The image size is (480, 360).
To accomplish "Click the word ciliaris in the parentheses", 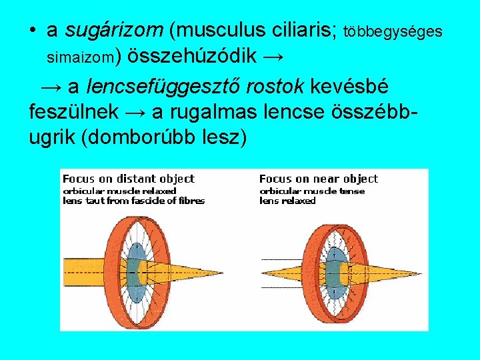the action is tap(303, 30).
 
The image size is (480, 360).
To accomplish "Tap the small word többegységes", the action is tap(393, 31).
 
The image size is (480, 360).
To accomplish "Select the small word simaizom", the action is tap(80, 59).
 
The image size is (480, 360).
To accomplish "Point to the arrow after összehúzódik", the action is tap(273, 57).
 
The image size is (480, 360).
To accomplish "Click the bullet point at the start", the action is tap(33, 31).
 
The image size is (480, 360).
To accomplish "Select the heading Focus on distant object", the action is tap(128, 179).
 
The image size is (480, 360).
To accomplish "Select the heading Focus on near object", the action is tap(318, 179).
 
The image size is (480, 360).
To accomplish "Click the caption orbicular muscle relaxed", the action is tap(119, 191).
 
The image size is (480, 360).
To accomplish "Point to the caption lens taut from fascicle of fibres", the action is tap(133, 201).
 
